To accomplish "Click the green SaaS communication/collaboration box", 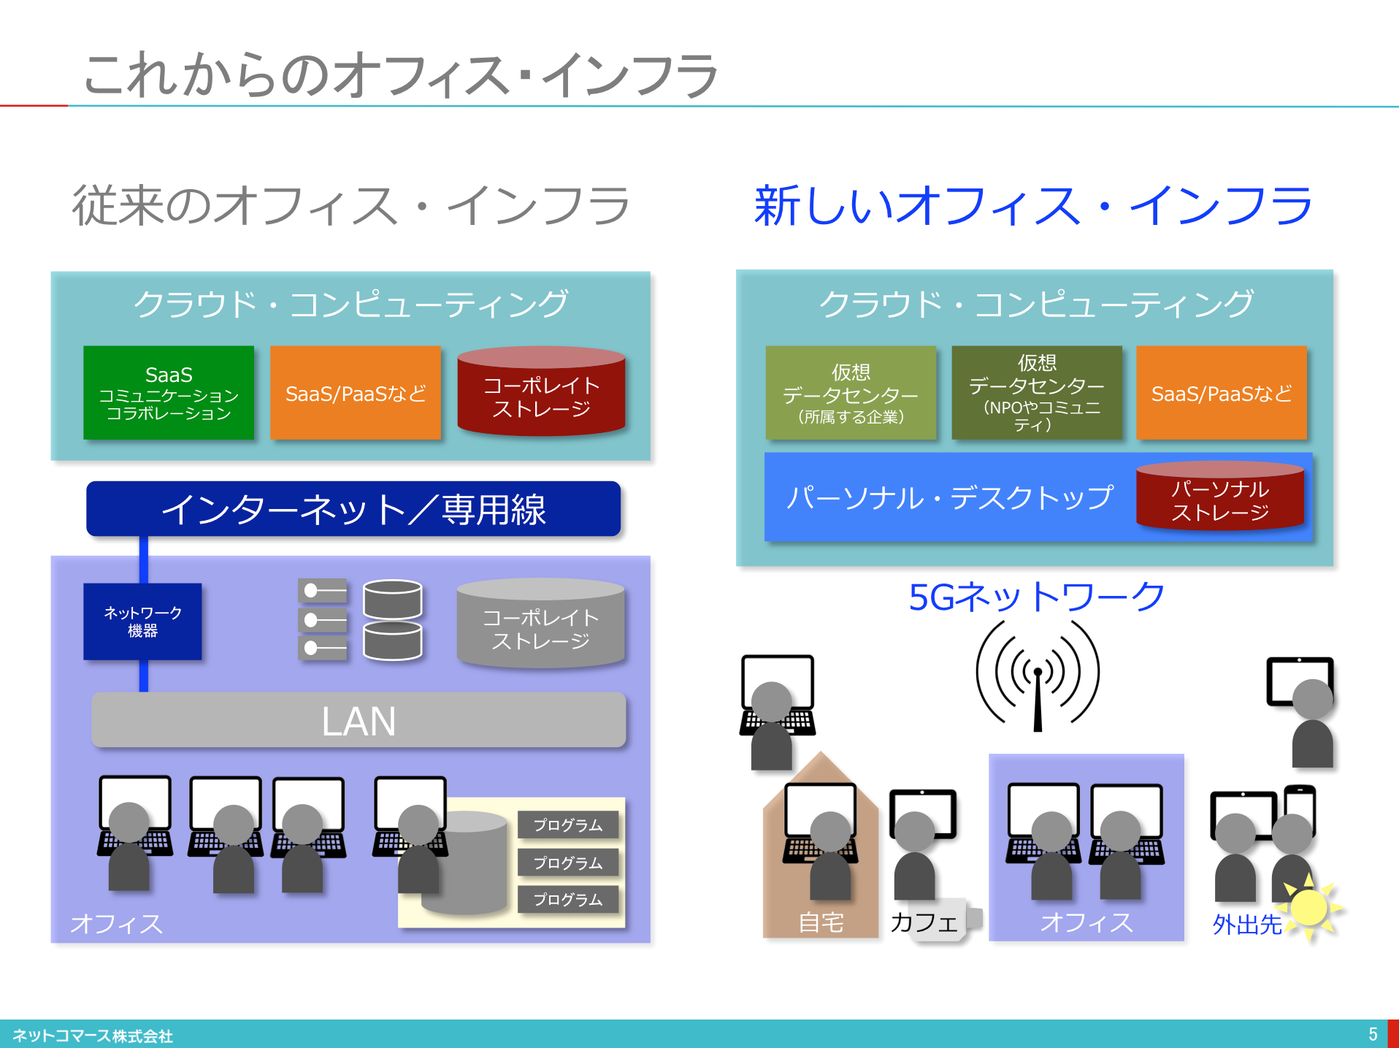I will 169,393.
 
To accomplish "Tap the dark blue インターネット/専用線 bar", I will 353,509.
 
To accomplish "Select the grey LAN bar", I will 359,720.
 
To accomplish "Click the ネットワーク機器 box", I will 142,621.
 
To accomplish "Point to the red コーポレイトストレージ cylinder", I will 541,393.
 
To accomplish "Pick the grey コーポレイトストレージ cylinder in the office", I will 540,625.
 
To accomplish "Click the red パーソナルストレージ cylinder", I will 1220,497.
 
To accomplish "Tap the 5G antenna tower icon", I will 1038,676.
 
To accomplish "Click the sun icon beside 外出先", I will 1310,907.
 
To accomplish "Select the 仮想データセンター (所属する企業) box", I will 851,393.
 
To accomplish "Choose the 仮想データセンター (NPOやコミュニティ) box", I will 1037,393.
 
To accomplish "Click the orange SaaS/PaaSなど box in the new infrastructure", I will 1222,393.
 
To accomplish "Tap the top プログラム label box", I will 568,825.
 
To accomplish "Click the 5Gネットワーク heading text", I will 1036,597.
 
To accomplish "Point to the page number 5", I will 1373,1034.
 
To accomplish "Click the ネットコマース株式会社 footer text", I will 93,1036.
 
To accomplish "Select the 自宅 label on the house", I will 821,922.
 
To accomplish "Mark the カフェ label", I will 924,922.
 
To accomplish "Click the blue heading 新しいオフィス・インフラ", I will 1033,206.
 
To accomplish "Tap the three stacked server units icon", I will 323,619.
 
